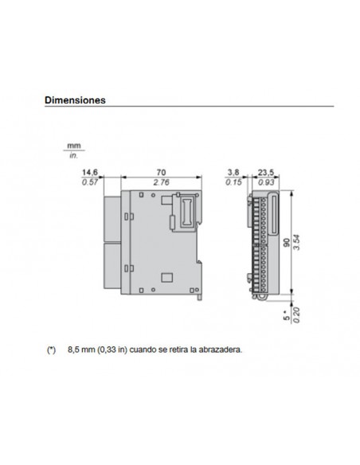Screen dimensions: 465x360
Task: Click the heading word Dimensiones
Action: pos(75,101)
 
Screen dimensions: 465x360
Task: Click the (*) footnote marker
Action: pos(52,349)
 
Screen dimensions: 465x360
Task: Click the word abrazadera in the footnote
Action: pos(217,349)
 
